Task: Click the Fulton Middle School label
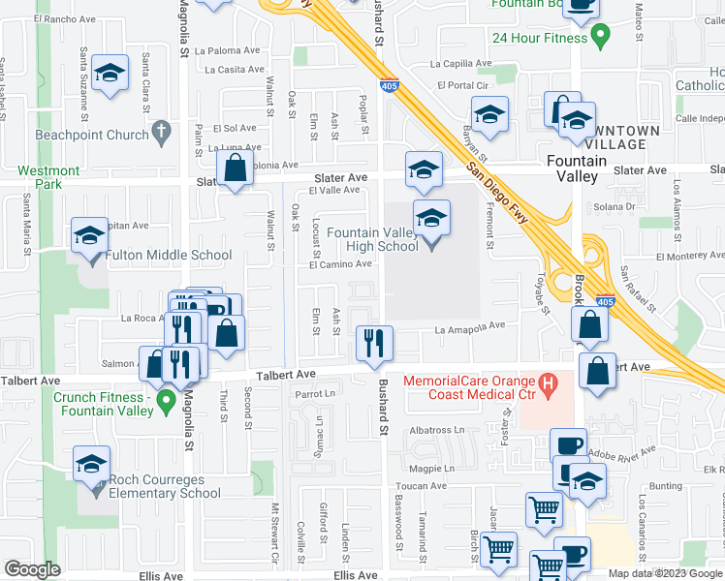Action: (x=169, y=256)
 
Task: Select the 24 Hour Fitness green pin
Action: (x=600, y=38)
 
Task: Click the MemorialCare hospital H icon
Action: (x=548, y=387)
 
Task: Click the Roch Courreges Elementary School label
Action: (x=164, y=486)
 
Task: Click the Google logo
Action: (x=32, y=569)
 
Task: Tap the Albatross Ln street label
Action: (x=437, y=429)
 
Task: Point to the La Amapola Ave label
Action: (x=470, y=328)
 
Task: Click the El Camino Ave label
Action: (x=340, y=263)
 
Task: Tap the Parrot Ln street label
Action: (x=314, y=393)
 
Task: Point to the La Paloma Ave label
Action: (x=228, y=50)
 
